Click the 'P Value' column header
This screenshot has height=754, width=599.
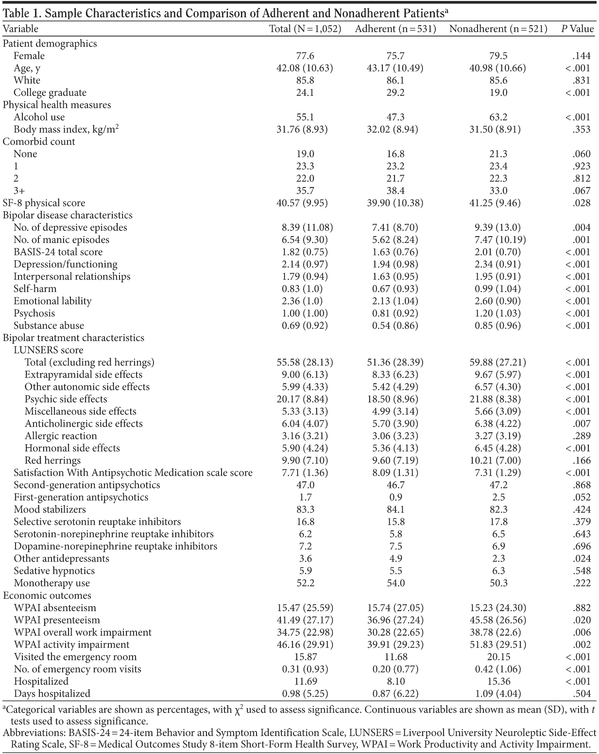(577, 29)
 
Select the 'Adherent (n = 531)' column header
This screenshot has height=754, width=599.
(396, 29)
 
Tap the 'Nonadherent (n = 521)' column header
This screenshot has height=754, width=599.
(498, 29)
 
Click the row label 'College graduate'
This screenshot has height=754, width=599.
(50, 93)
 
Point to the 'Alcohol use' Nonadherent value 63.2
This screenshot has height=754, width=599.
(498, 117)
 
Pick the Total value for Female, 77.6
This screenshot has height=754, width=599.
(305, 56)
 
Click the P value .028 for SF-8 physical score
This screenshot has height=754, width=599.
(582, 203)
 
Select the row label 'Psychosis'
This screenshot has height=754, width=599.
(34, 313)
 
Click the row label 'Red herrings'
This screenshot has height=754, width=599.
(52, 461)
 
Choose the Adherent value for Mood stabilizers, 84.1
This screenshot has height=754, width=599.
(396, 509)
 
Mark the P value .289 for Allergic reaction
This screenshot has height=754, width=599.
(582, 436)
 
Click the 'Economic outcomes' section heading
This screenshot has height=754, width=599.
(47, 595)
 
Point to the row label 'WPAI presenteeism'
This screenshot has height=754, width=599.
(57, 620)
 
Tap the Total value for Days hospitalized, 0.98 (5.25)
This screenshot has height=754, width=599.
(305, 694)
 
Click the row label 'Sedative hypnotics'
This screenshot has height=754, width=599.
(54, 571)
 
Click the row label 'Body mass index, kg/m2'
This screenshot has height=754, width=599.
(66, 129)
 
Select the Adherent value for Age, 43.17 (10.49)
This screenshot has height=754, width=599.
(396, 68)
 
